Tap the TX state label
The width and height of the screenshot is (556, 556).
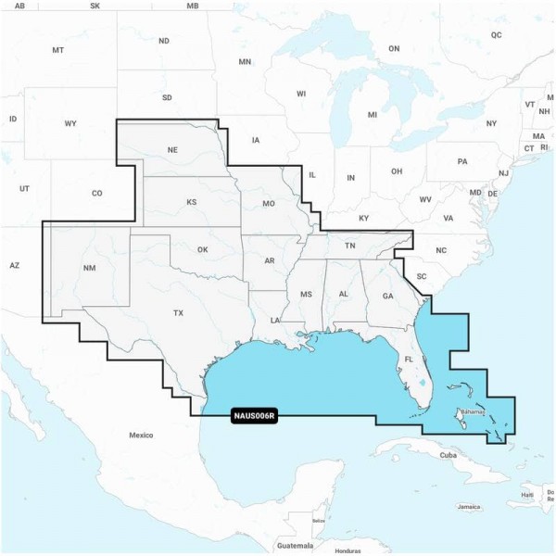[178, 313]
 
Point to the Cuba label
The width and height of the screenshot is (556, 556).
[449, 455]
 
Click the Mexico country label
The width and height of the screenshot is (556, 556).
[141, 435]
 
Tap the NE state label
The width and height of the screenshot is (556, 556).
[172, 150]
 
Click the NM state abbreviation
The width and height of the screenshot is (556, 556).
[89, 268]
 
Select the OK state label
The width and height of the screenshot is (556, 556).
[205, 249]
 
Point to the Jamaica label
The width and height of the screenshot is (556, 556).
[469, 507]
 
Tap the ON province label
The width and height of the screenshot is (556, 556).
[393, 48]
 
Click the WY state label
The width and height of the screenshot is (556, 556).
[70, 123]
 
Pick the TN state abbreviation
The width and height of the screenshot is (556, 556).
[350, 246]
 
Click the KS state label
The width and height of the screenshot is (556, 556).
[192, 202]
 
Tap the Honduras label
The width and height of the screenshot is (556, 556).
[347, 550]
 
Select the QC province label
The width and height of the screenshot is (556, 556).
[496, 35]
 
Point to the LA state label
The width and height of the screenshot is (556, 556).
[275, 320]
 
